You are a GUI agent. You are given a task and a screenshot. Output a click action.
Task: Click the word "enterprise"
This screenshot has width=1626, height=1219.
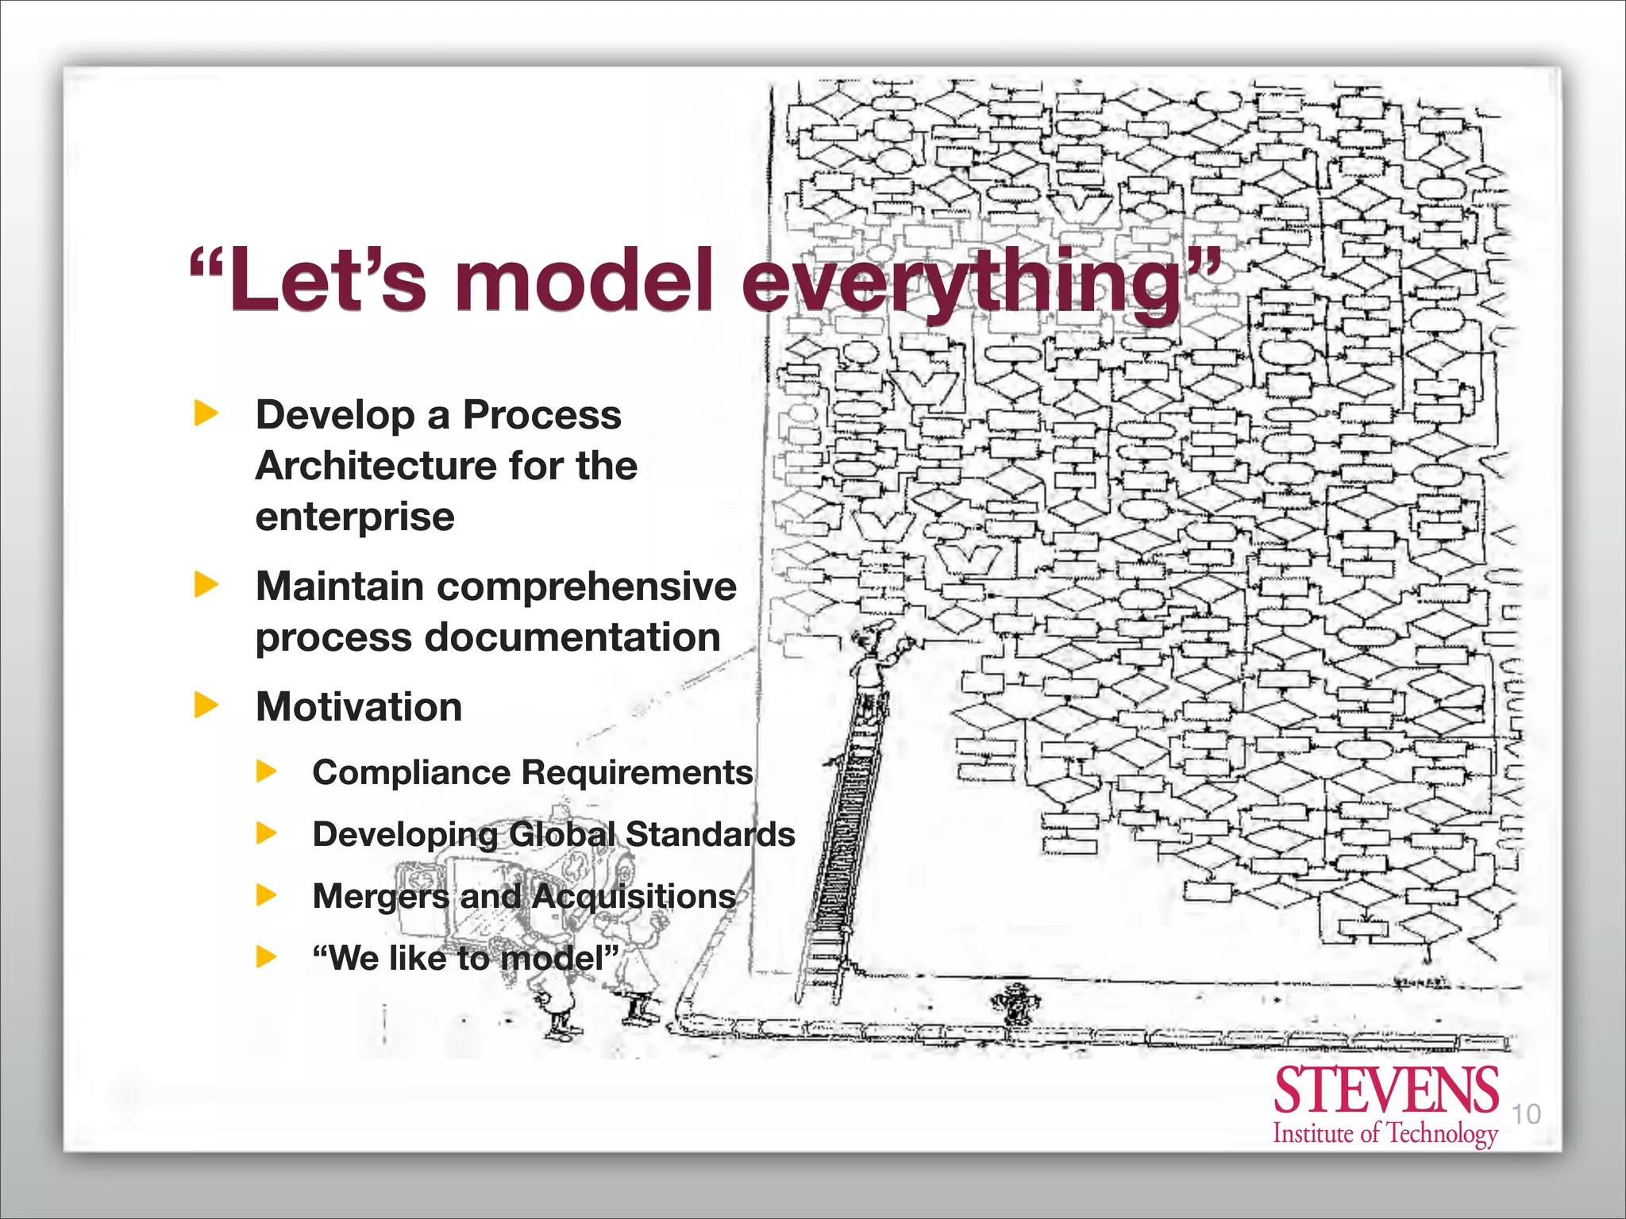[355, 517]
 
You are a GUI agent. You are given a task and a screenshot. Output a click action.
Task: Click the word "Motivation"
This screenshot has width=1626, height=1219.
[359, 706]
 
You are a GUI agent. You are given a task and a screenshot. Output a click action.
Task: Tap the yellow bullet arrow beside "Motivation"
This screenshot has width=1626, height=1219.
[206, 705]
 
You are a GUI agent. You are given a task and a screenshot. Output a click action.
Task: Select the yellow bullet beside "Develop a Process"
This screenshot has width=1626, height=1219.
[206, 413]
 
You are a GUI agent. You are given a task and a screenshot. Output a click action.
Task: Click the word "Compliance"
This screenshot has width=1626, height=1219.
[411, 772]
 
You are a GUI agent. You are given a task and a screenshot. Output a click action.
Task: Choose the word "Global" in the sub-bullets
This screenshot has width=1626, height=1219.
[562, 834]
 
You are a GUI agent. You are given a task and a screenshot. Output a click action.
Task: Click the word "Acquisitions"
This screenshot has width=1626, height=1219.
[634, 896]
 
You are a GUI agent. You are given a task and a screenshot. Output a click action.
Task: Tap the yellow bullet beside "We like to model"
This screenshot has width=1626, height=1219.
[267, 957]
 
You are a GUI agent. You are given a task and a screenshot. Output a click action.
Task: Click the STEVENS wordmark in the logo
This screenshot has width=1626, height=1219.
[1385, 1090]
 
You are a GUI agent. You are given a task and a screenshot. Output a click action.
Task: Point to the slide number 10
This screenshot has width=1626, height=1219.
[1525, 1114]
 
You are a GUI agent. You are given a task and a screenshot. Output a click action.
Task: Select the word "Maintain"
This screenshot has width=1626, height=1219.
[339, 586]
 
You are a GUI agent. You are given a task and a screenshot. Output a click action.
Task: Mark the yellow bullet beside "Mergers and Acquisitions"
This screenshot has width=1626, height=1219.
[267, 896]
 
